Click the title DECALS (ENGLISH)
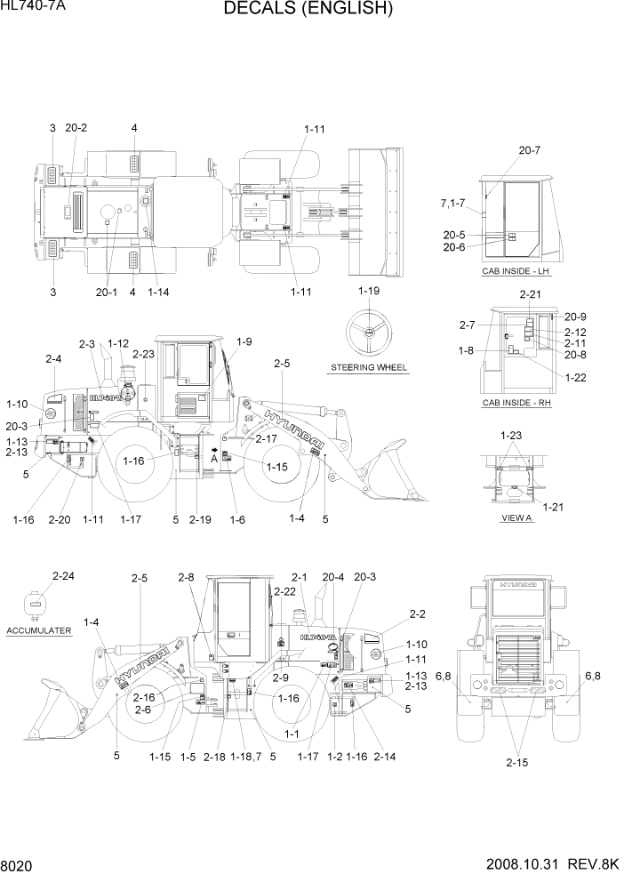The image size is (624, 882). click(308, 10)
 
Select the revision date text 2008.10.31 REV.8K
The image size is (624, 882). click(552, 864)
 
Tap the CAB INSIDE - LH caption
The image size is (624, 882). click(516, 271)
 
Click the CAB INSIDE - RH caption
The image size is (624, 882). click(517, 403)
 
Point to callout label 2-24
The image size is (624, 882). click(63, 576)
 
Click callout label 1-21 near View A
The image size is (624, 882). click(553, 507)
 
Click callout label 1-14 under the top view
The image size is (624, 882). click(159, 292)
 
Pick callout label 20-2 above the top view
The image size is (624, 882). click(76, 128)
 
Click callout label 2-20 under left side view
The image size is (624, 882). click(60, 519)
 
